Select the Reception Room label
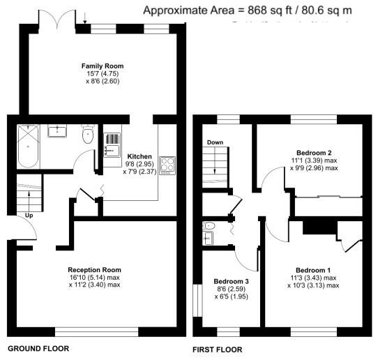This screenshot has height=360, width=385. tap(94, 269)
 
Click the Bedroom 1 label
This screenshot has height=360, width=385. tap(313, 270)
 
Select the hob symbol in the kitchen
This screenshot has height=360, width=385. tap(168, 165)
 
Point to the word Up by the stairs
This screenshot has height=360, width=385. tap(29, 215)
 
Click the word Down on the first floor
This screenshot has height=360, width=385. tap(215, 142)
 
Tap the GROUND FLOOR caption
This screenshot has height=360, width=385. tap(38, 347)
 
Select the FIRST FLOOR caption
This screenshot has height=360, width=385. tap(217, 348)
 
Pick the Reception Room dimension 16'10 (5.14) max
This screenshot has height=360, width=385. tap(94, 277)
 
